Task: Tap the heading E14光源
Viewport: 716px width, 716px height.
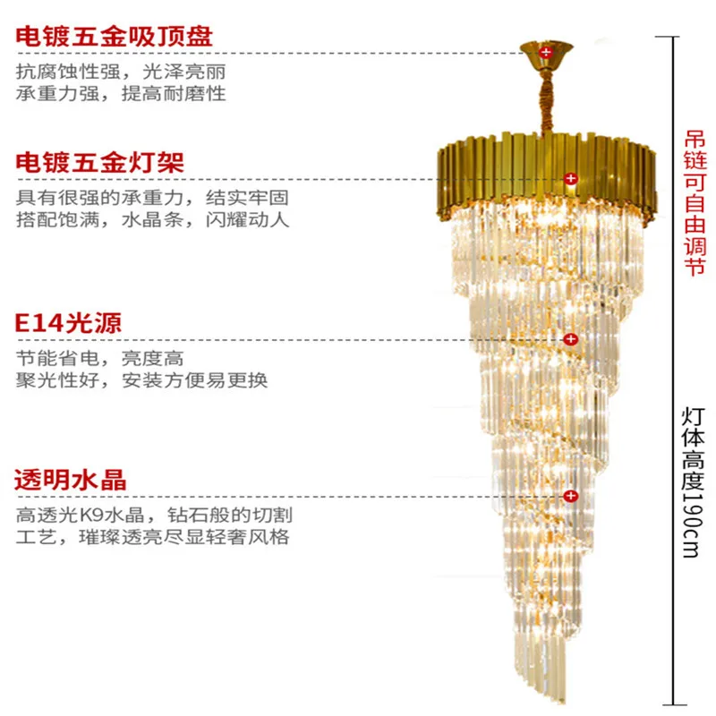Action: coord(67,322)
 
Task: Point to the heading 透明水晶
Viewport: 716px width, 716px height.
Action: coord(70,479)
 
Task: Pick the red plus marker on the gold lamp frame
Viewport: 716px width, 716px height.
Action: coord(571,179)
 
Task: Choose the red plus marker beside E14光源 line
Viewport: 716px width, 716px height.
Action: coord(569,339)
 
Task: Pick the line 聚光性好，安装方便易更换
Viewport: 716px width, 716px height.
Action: coord(141,379)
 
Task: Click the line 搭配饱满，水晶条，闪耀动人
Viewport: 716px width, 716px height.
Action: coord(152,219)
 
